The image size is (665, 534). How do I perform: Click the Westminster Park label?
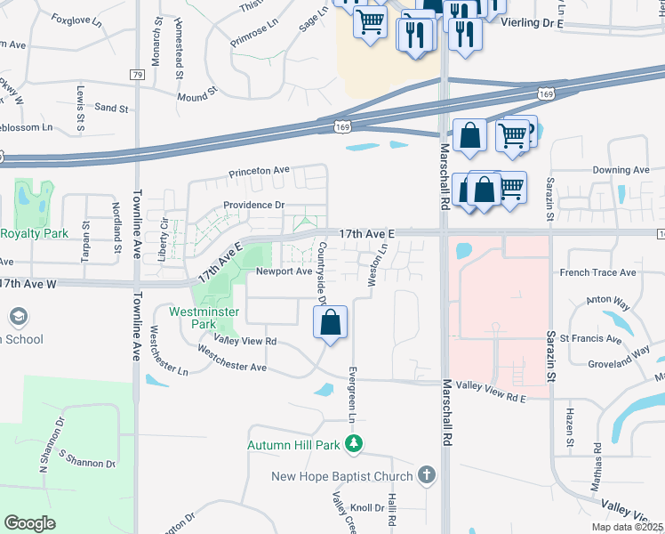point(192,318)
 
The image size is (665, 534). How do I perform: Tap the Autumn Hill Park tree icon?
point(355,443)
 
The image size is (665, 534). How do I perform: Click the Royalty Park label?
point(34,233)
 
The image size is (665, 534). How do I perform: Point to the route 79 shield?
point(137,75)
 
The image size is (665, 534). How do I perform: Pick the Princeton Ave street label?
point(260,169)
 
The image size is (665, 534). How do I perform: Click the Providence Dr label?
point(253,205)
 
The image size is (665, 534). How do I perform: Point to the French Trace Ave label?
point(597,272)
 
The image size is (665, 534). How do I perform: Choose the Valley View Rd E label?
point(490,384)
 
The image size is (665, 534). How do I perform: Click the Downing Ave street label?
point(621,169)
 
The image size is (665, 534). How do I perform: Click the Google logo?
point(29,522)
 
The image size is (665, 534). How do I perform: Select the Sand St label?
point(111,108)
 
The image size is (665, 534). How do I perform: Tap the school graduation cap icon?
point(18,316)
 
